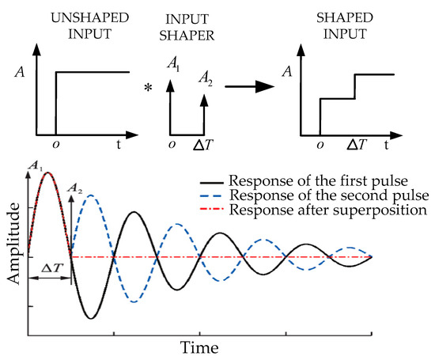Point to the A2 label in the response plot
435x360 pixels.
pyautogui.click(x=76, y=188)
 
